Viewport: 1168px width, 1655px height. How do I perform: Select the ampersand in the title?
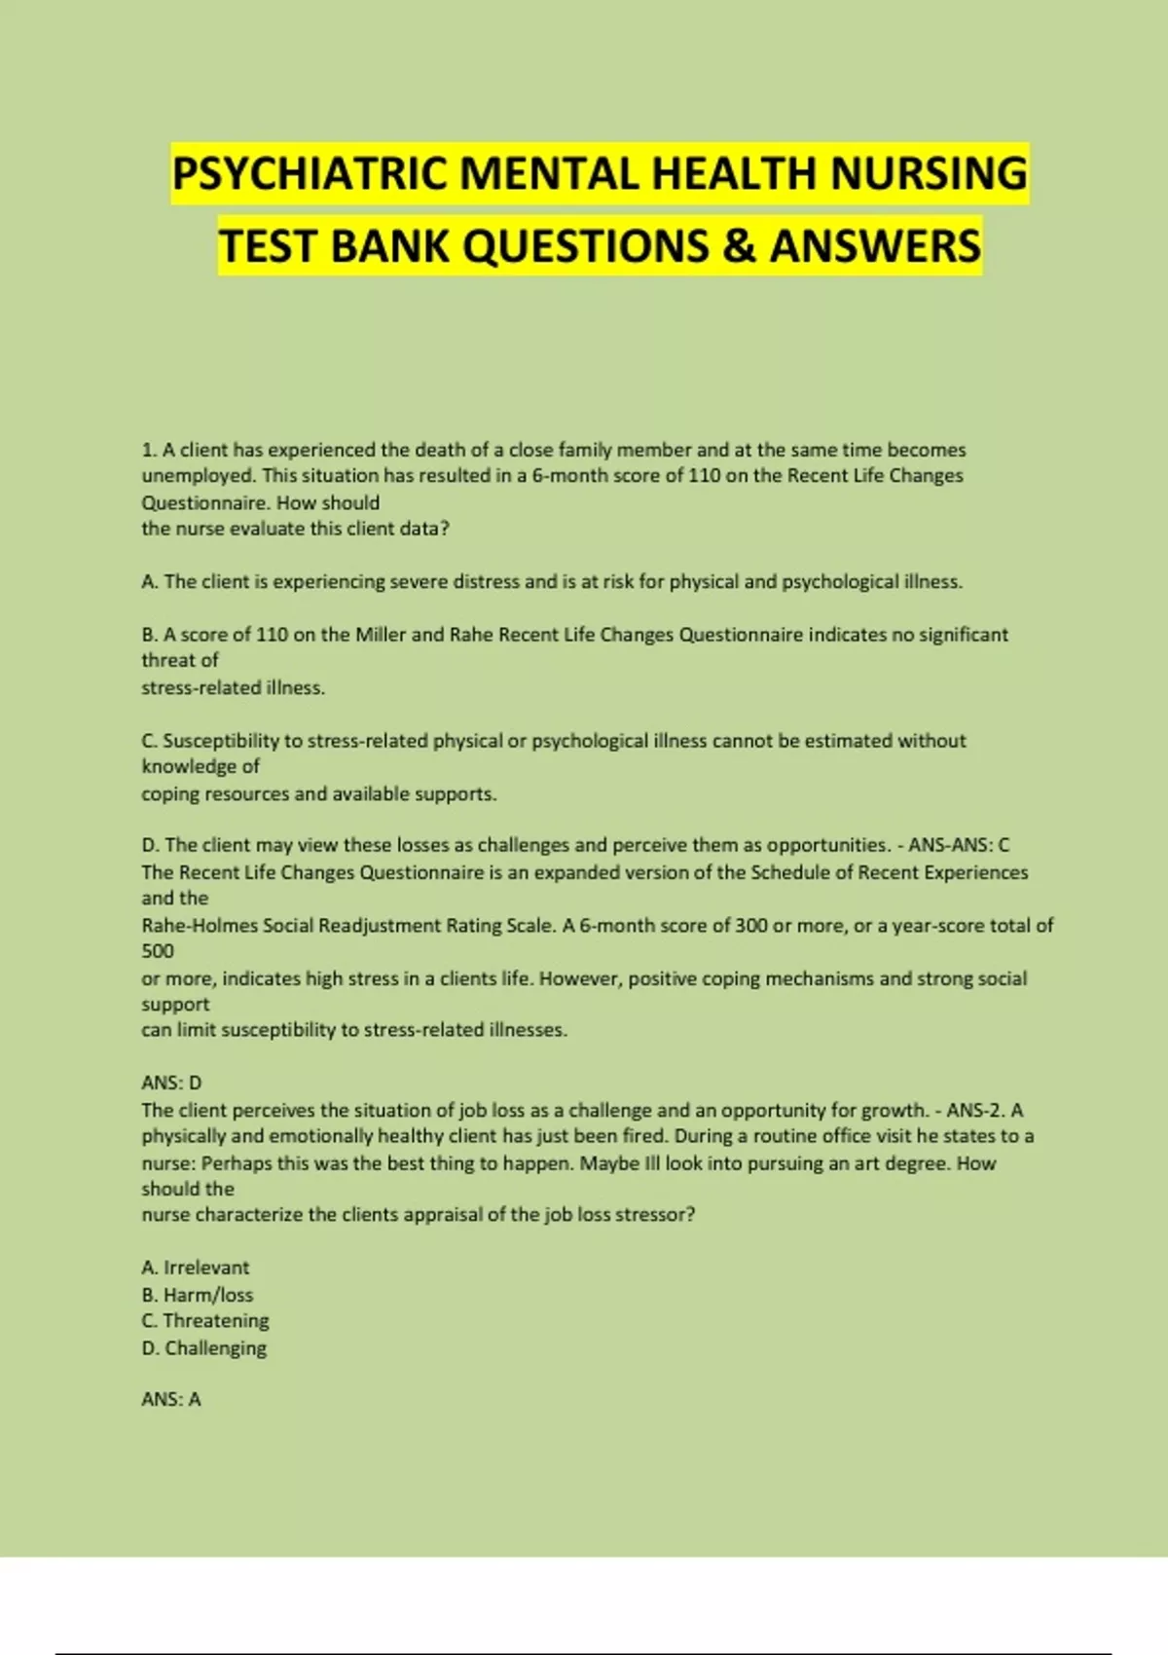click(x=739, y=245)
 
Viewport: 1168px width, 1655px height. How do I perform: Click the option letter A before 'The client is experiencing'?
click(x=149, y=582)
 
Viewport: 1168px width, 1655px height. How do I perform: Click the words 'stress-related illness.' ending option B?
click(x=233, y=688)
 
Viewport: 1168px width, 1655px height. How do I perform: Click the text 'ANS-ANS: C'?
click(x=959, y=845)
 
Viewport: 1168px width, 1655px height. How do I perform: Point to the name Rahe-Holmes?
click(x=200, y=926)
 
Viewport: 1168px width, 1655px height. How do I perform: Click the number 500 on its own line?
click(x=158, y=952)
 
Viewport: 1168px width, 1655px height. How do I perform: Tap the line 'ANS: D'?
click(x=171, y=1083)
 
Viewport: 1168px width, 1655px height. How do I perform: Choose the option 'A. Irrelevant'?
click(x=195, y=1268)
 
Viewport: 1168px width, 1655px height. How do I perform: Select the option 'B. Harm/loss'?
click(x=197, y=1295)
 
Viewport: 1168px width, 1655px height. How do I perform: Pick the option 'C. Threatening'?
click(x=204, y=1321)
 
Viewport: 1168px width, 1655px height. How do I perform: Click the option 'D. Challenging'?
click(x=203, y=1348)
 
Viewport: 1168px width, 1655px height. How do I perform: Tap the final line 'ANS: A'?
click(x=171, y=1399)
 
